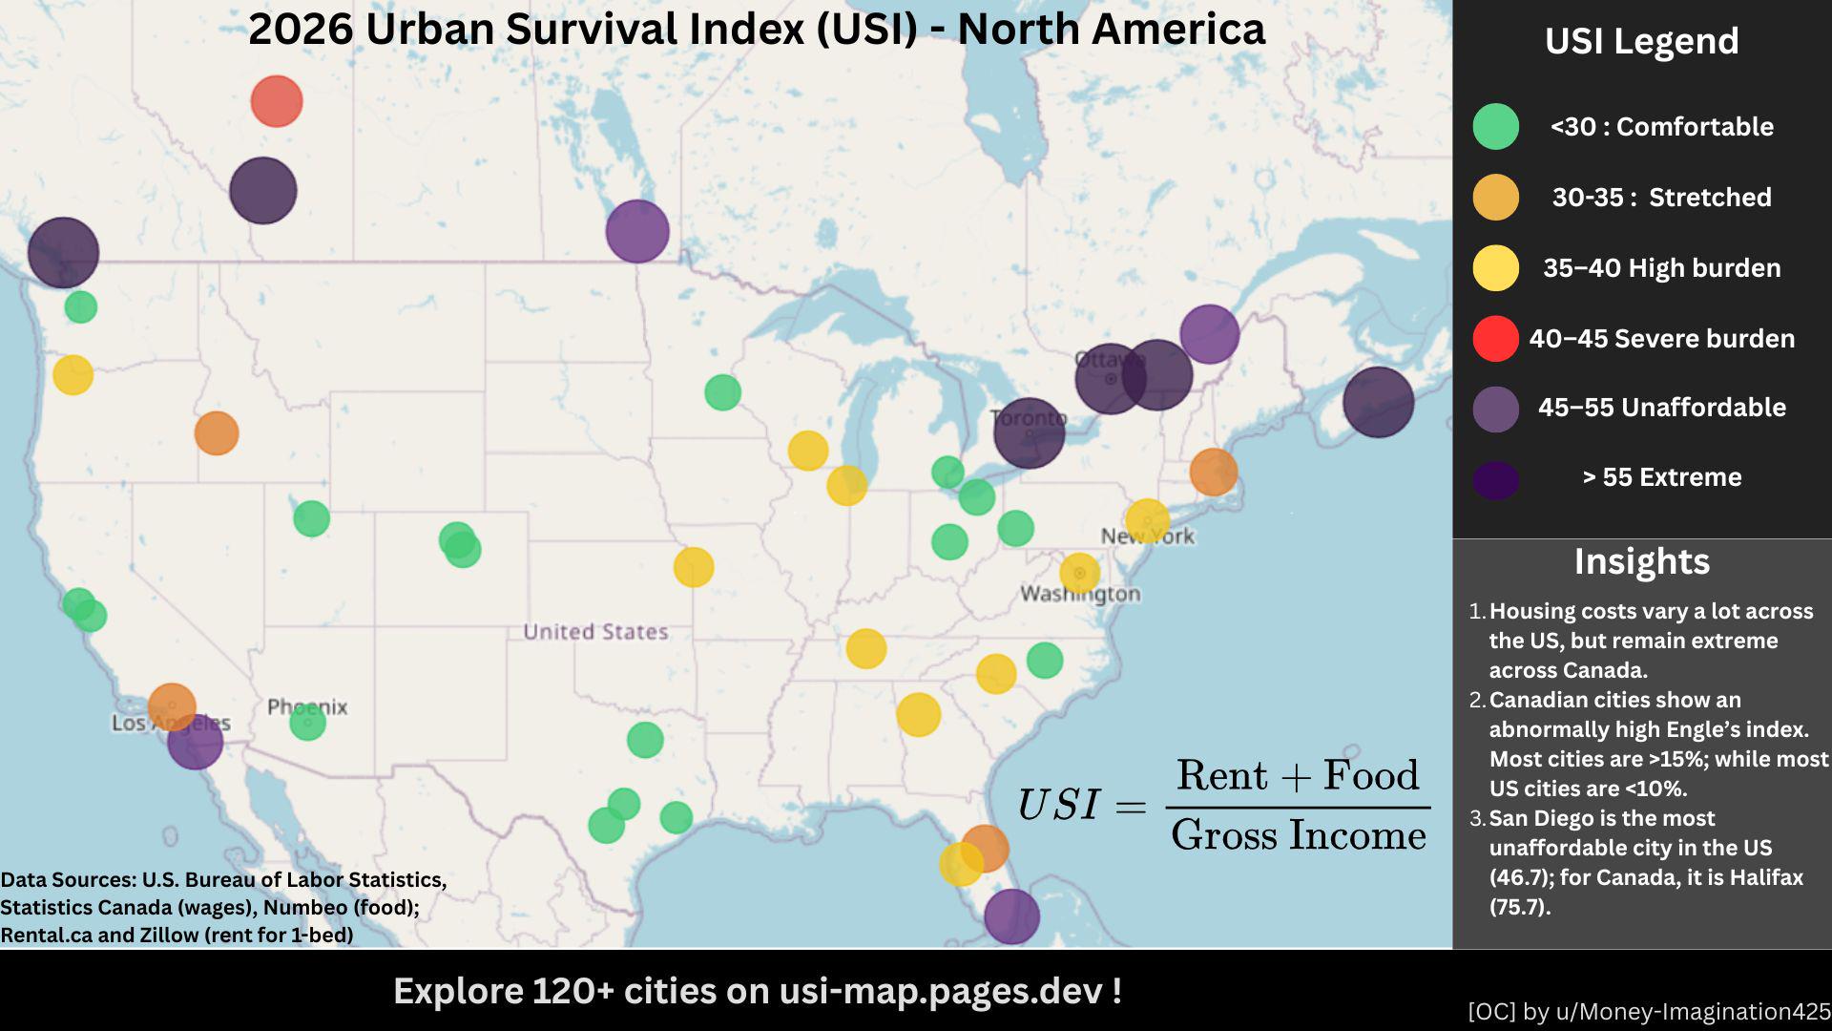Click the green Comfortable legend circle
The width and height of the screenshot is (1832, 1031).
tap(1495, 126)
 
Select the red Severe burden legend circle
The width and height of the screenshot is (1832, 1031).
tap(1495, 338)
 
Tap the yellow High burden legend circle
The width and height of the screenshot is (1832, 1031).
tap(1495, 267)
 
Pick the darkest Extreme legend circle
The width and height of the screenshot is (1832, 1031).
tap(1495, 479)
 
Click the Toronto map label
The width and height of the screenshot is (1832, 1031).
tap(1028, 417)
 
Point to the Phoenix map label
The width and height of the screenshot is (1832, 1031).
tap(307, 707)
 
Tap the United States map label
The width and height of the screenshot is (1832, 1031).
tap(595, 632)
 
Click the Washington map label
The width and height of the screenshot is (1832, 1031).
tap(1080, 594)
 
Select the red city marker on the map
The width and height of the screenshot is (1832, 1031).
tap(277, 101)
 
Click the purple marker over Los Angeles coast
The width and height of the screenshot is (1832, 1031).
tap(196, 742)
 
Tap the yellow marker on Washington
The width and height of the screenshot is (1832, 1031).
tap(1079, 573)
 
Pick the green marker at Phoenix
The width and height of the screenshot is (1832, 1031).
tap(307, 723)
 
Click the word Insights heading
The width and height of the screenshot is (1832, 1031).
tap(1641, 561)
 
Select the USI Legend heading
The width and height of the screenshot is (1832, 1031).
tap(1641, 41)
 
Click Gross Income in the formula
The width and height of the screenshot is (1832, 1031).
tap(1298, 835)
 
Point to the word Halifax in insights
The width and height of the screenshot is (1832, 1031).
tap(1764, 877)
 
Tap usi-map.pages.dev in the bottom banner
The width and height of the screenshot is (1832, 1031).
tap(941, 991)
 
